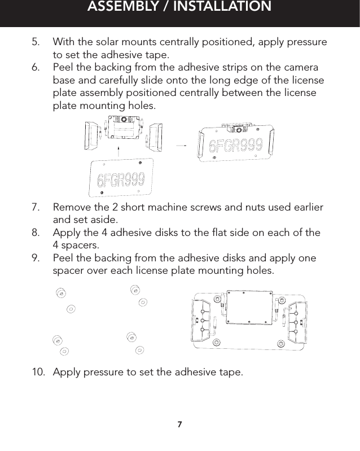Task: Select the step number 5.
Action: [36, 42]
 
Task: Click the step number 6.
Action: [36, 67]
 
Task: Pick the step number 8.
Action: [36, 233]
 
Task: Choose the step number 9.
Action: [36, 258]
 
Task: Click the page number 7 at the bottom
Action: [180, 424]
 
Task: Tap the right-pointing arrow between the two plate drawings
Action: [181, 145]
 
